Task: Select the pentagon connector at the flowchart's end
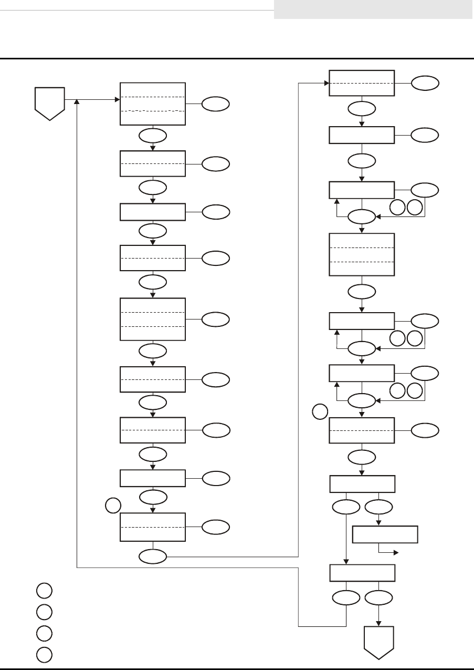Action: [x=379, y=641]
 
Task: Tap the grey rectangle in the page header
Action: [x=374, y=9]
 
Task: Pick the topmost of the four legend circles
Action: [x=44, y=591]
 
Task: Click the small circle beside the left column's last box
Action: [x=113, y=506]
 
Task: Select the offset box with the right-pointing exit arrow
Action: [x=385, y=534]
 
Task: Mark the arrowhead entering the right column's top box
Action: [x=325, y=83]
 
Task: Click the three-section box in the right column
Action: [x=362, y=254]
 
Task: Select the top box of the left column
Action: [x=153, y=104]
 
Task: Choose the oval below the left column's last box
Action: [x=153, y=555]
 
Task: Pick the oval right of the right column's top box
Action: [x=425, y=83]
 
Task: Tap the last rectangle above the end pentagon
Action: [x=362, y=572]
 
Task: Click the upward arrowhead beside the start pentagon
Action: [x=78, y=102]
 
